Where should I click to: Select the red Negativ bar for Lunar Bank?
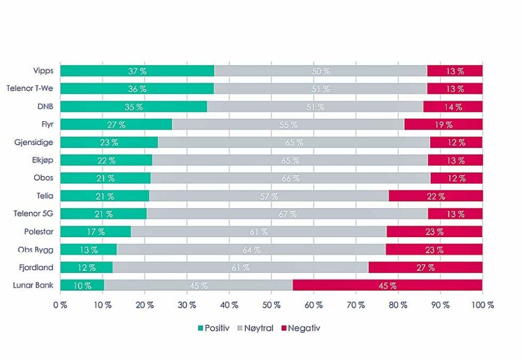(387, 285)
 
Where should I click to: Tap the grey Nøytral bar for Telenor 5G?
(287, 214)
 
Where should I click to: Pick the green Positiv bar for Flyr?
(116, 125)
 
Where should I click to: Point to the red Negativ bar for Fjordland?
(425, 268)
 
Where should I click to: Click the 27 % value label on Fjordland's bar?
(425, 268)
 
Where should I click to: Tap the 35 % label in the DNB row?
(133, 107)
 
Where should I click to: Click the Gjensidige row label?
(34, 142)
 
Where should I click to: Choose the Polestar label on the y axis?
(38, 232)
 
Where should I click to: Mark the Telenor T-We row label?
(30, 89)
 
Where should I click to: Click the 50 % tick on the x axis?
(271, 306)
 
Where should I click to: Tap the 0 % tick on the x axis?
(60, 306)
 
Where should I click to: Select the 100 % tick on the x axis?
(482, 306)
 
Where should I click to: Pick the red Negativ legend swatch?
(283, 328)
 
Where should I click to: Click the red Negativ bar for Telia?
(435, 196)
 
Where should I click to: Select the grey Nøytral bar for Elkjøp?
(290, 160)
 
